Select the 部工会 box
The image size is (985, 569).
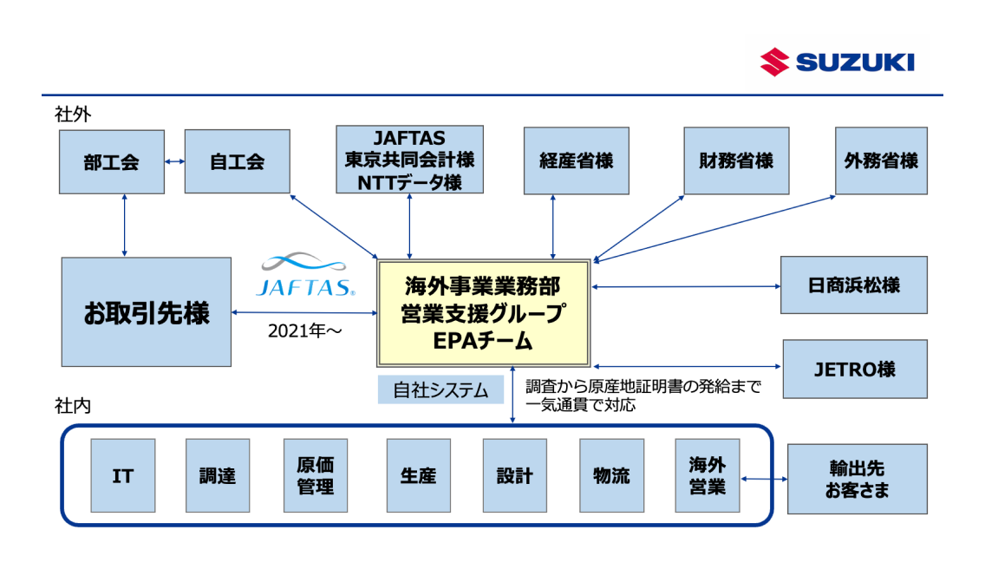[x=112, y=161]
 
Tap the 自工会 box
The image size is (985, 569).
[x=237, y=161]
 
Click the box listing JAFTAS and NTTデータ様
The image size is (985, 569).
[x=409, y=159]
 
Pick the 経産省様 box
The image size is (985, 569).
[x=576, y=160]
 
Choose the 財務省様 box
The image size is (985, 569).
[x=736, y=160]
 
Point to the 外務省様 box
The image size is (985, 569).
[x=881, y=160]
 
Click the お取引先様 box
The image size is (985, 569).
[x=147, y=312]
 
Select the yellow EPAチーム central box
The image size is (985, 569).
[x=482, y=313]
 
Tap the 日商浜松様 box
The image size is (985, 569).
[x=853, y=284]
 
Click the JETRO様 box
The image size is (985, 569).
[x=854, y=369]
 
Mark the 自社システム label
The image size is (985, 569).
[x=440, y=390]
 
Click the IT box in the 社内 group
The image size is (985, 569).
[x=123, y=475]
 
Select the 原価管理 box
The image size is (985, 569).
[x=315, y=475]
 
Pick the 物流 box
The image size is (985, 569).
[x=611, y=475]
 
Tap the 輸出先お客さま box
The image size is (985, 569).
[x=857, y=479]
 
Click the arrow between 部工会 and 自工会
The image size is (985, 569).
[x=174, y=161]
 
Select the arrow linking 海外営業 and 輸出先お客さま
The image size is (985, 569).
[x=764, y=479]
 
